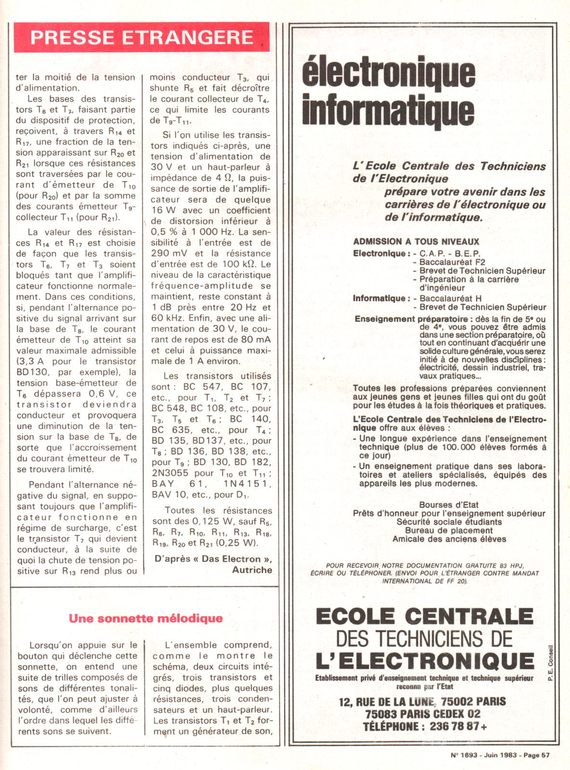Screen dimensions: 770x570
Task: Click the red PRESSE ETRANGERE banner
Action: click(142, 38)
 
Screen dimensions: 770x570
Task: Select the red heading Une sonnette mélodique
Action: click(145, 618)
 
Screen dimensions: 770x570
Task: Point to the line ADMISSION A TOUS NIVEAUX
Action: click(416, 242)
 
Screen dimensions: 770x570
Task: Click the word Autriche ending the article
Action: click(252, 570)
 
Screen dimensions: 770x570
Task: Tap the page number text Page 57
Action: click(536, 755)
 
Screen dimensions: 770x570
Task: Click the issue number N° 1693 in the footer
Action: click(464, 755)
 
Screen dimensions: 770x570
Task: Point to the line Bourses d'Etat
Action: click(449, 504)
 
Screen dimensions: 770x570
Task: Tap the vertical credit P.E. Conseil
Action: click(550, 663)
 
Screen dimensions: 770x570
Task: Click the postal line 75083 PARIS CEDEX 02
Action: click(422, 714)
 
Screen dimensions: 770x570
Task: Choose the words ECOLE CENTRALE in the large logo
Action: click(425, 616)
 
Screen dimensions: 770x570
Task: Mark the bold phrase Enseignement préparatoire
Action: click(411, 319)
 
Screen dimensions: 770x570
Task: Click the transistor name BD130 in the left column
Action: click(34, 372)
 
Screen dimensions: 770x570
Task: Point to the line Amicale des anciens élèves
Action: click(449, 539)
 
